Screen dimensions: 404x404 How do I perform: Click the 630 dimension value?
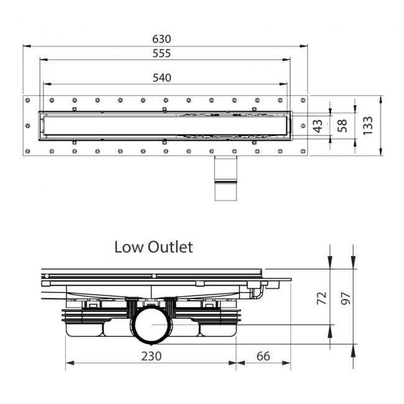[x=162, y=39]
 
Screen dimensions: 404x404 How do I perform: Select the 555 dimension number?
[x=162, y=53]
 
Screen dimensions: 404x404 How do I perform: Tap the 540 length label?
[x=162, y=78]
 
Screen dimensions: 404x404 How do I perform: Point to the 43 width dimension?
[x=318, y=126]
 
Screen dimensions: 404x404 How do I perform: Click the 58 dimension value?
[x=342, y=126]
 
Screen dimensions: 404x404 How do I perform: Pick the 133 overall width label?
[x=368, y=126]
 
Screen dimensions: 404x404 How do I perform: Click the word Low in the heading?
[x=129, y=247]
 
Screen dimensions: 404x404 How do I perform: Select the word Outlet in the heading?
[x=170, y=247]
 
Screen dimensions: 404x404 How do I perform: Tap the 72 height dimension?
[x=321, y=298]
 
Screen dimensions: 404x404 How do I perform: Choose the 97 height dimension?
[x=346, y=298]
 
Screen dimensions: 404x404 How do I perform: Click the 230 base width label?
[x=152, y=356]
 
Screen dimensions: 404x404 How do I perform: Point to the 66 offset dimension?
[x=264, y=356]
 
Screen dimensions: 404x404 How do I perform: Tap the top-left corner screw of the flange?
[x=28, y=100]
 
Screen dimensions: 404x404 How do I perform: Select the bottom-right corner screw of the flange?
[x=303, y=152]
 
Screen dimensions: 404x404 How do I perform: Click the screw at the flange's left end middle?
[x=28, y=126]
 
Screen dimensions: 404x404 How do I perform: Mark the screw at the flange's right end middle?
[x=303, y=126]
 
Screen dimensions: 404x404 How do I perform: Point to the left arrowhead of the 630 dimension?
[x=27, y=46]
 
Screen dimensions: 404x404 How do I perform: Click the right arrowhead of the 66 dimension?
[x=287, y=363]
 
